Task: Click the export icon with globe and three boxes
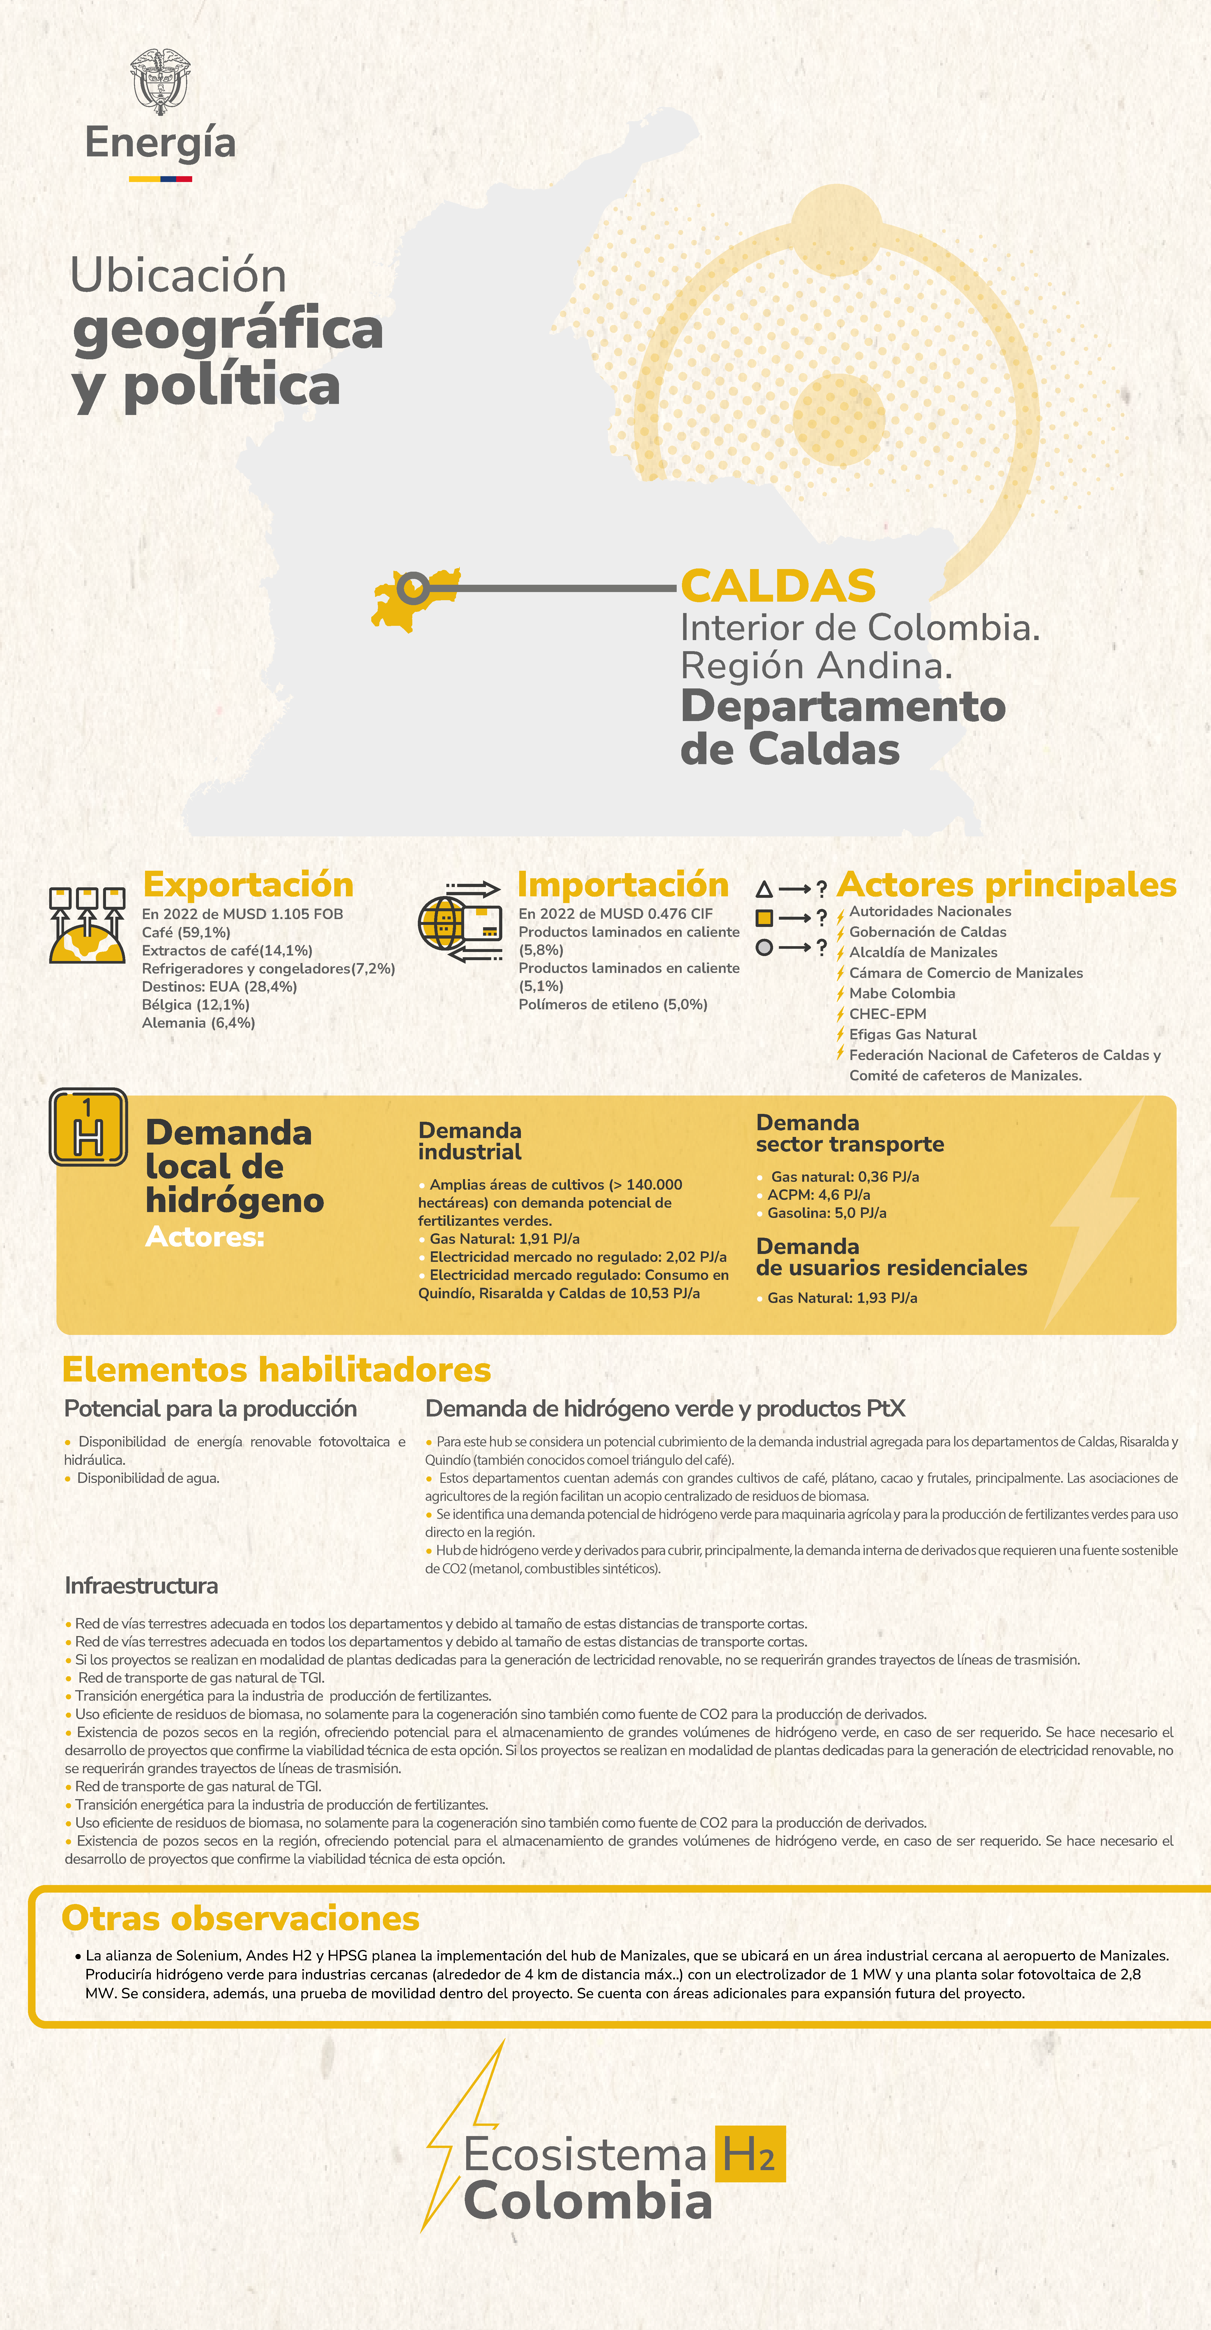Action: coord(87,924)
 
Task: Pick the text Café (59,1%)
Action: coord(186,932)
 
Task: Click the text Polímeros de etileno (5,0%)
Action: coord(612,1004)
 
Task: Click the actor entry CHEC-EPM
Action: coord(887,1014)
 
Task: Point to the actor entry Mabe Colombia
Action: coord(902,993)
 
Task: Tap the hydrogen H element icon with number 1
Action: coord(88,1127)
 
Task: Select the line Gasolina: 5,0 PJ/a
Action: coord(827,1213)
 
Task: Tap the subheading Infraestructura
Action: coord(141,1586)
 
